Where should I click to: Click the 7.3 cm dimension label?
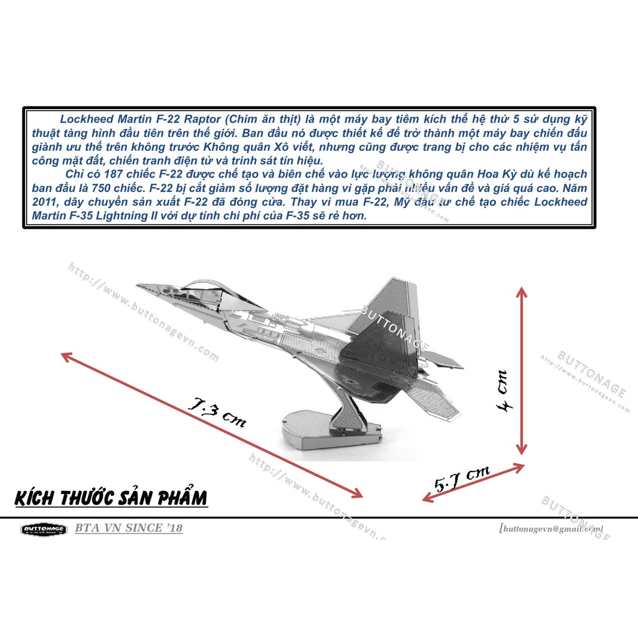tap(217, 412)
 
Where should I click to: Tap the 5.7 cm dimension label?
tap(462, 478)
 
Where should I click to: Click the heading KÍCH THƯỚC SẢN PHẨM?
tap(110, 498)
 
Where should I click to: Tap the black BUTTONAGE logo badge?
tap(43, 529)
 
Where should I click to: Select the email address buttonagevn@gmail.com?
tap(551, 529)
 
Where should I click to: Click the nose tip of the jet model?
tap(139, 286)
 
